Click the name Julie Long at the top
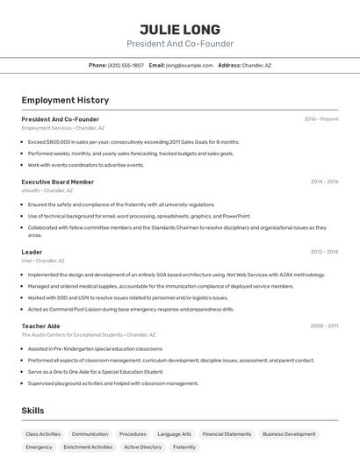click(x=180, y=29)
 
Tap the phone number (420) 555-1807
click(x=126, y=65)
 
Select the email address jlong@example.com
click(x=190, y=65)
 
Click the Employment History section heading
click(x=65, y=100)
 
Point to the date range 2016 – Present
click(x=321, y=119)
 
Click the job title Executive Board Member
click(x=58, y=182)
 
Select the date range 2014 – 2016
click(x=324, y=182)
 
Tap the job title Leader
click(x=32, y=252)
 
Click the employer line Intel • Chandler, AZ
click(x=43, y=261)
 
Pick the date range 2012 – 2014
click(x=324, y=252)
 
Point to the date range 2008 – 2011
click(x=324, y=325)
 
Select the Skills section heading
click(x=32, y=411)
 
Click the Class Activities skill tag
click(x=43, y=434)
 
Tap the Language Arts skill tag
click(x=174, y=434)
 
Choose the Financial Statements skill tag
click(x=227, y=434)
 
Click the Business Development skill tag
click(x=289, y=434)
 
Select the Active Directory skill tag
click(x=142, y=447)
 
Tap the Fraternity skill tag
click(x=184, y=447)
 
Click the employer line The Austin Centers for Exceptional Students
click(x=88, y=334)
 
